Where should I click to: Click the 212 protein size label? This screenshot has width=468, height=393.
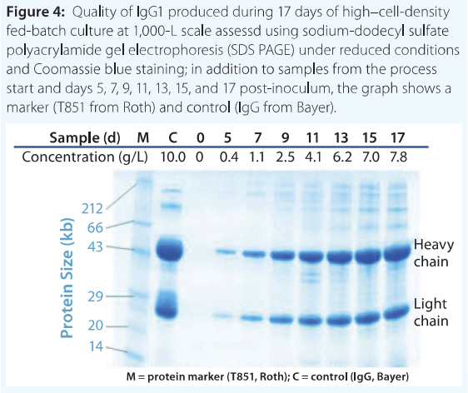click(92, 208)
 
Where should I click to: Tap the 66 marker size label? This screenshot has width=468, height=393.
click(95, 227)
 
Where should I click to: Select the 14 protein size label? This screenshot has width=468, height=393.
click(96, 346)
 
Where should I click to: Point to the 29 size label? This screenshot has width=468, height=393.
click(95, 296)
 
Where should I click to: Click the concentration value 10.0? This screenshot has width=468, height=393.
click(173, 157)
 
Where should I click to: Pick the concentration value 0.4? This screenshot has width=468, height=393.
click(229, 157)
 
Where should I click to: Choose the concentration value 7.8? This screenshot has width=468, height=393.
click(398, 157)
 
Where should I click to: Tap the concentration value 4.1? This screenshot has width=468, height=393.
click(313, 157)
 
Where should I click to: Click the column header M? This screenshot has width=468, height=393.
click(143, 138)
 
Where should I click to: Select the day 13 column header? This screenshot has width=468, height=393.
click(341, 138)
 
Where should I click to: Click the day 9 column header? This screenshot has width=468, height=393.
click(286, 138)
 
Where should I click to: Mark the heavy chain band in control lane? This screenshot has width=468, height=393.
click(170, 250)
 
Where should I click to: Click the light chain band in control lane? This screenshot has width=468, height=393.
click(167, 305)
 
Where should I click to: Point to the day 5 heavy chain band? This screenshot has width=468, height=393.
click(226, 252)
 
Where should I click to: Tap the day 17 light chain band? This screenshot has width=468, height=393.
click(396, 312)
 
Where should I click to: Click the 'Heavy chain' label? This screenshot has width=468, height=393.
click(433, 253)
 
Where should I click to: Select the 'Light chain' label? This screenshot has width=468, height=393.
click(431, 312)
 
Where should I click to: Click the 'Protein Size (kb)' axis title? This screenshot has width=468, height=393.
click(67, 278)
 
